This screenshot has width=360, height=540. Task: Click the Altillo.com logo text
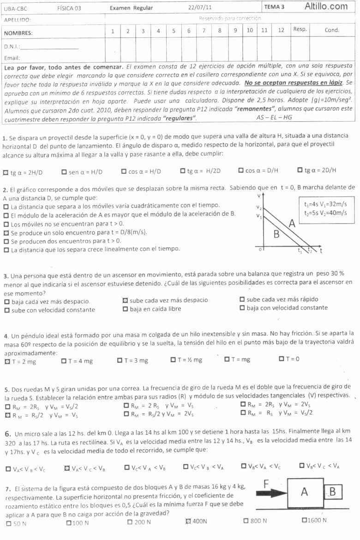(x=326, y=6)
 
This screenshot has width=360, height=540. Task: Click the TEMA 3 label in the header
(x=275, y=7)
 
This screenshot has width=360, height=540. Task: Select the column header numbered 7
(x=204, y=31)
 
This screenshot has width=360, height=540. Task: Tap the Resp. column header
(x=300, y=30)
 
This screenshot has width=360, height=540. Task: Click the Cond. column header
(x=332, y=30)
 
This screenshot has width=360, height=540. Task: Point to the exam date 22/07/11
(x=200, y=8)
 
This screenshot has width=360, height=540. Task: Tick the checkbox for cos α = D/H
(x=241, y=171)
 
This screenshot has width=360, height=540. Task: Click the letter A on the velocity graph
(x=292, y=225)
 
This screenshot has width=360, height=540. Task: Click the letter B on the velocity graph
(x=276, y=234)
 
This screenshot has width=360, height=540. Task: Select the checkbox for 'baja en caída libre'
(x=125, y=309)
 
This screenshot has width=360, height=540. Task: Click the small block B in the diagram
(x=332, y=492)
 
